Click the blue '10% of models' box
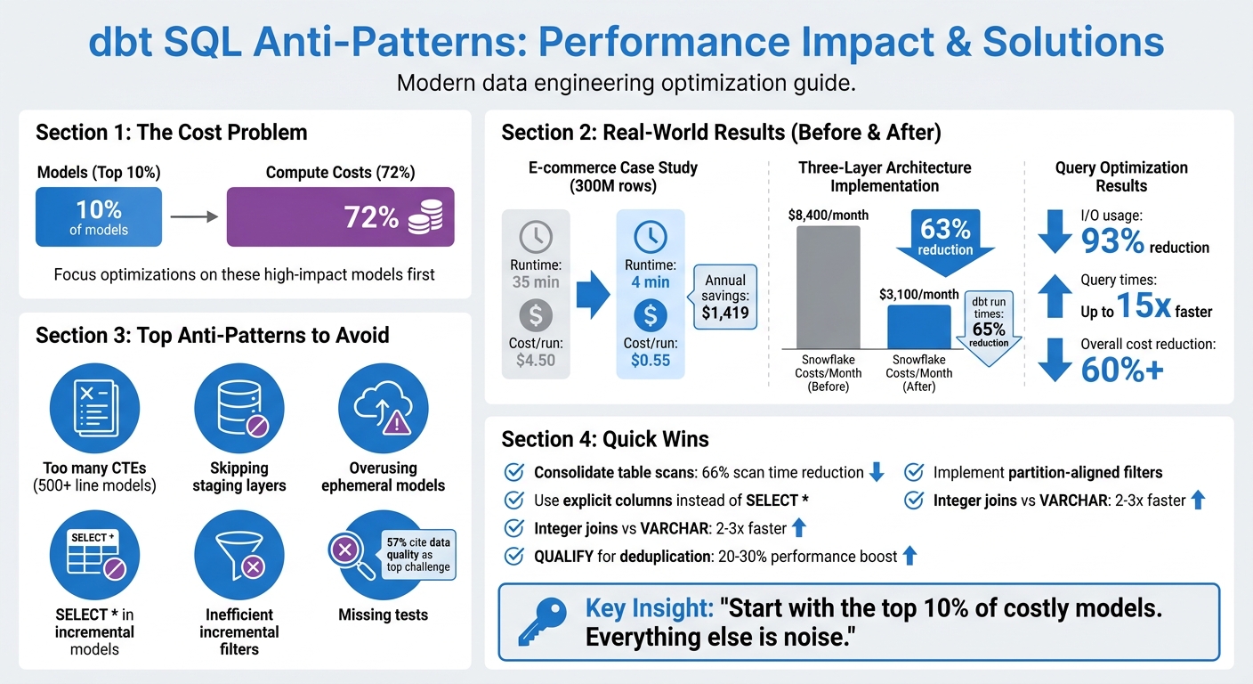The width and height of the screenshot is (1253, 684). pyautogui.click(x=99, y=216)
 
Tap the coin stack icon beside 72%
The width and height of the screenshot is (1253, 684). pyautogui.click(x=425, y=216)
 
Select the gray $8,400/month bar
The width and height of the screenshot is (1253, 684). pyautogui.click(x=828, y=286)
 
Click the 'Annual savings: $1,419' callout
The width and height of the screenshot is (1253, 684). pyautogui.click(x=724, y=297)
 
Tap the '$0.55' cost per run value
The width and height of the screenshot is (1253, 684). pyautogui.click(x=651, y=361)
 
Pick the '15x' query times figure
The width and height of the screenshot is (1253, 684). pyautogui.click(x=1144, y=307)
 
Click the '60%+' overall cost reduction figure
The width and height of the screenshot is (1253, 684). pyautogui.click(x=1122, y=369)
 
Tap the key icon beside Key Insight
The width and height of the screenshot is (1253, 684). pyautogui.click(x=543, y=622)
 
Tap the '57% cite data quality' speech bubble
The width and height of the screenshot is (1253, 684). pyautogui.click(x=418, y=554)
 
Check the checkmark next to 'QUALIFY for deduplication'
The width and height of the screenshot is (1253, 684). pyautogui.click(x=513, y=557)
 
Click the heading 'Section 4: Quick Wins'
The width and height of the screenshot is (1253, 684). pyautogui.click(x=605, y=439)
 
